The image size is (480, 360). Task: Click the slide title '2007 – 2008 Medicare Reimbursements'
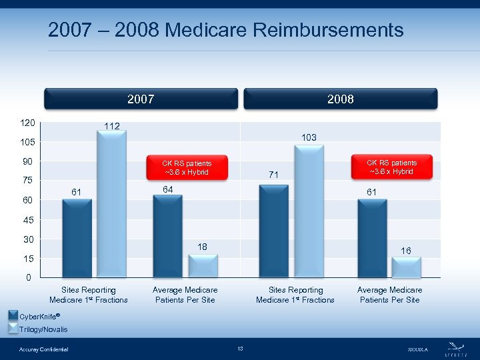[x=225, y=30]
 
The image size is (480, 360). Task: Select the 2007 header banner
[x=141, y=99]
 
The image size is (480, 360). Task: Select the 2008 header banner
[x=340, y=99]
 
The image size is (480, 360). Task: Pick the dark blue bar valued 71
[x=273, y=231]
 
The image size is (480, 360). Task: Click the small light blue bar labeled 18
[x=203, y=265]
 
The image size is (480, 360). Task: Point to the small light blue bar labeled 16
[x=406, y=267]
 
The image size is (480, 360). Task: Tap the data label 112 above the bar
[x=111, y=126]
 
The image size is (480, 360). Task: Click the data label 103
[x=309, y=137]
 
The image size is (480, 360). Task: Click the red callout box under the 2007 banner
[x=187, y=167]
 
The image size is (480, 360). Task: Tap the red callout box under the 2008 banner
[x=391, y=167]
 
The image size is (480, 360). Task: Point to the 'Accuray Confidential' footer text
[x=44, y=349]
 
